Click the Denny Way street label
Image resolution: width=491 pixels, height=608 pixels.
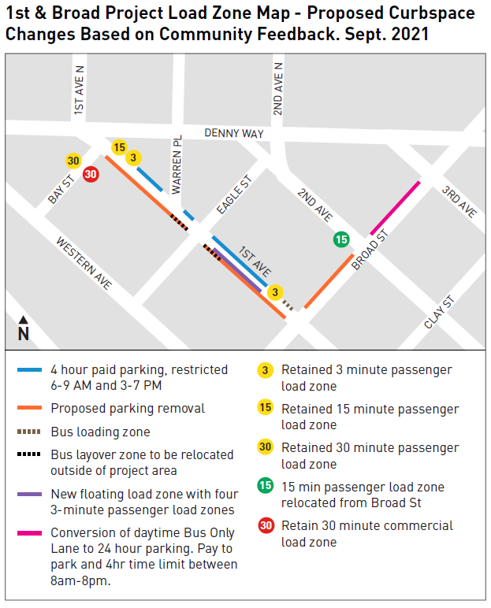point(234,134)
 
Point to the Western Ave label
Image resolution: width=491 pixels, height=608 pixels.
point(84,263)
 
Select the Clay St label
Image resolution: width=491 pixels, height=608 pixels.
point(440,313)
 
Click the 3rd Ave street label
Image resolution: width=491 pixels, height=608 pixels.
point(459,202)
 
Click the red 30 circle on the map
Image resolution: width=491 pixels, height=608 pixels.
point(91,174)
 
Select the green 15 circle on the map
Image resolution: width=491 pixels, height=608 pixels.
point(341,239)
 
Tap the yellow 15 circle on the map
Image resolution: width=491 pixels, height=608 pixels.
point(119,147)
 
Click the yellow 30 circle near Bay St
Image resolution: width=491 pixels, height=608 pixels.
point(73,161)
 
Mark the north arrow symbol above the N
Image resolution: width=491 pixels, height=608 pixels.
point(24,320)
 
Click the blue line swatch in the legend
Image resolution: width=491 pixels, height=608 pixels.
point(29,369)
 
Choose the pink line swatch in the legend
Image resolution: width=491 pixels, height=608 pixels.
point(29,534)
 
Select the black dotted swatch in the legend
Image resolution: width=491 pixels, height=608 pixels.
point(29,455)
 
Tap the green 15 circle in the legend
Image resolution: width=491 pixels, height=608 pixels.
point(266,487)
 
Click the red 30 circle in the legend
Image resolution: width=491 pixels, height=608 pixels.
point(266,525)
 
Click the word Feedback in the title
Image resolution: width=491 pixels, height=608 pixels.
point(331,35)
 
